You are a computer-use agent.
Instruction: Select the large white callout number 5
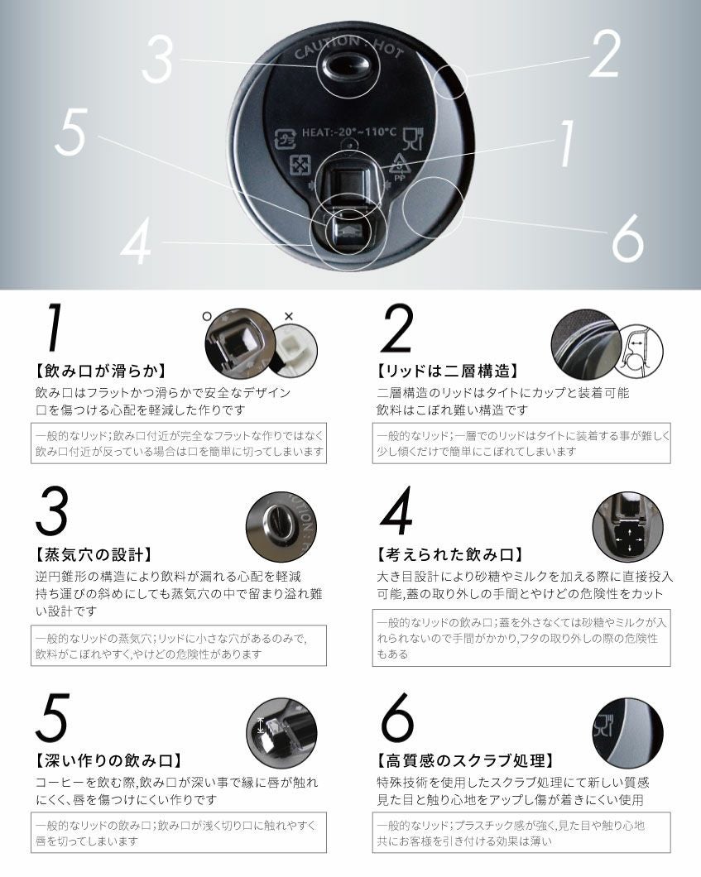[x=71, y=132]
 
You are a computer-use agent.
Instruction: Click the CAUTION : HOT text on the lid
[x=348, y=47]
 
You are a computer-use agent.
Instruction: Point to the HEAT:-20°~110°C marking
[x=349, y=132]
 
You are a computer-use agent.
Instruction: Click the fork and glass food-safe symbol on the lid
[x=414, y=139]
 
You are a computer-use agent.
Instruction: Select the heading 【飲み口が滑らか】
[x=100, y=371]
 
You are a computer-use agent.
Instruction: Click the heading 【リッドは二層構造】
[x=448, y=371]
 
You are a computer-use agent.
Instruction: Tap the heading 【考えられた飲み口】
[x=450, y=555]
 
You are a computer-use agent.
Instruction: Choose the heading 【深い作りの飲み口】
[x=108, y=760]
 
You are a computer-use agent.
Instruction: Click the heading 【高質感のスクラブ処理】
[x=465, y=760]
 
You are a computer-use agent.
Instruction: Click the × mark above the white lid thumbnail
[x=289, y=317]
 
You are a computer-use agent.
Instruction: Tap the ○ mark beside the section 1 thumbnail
[x=207, y=317]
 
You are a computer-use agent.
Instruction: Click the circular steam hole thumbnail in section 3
[x=281, y=526]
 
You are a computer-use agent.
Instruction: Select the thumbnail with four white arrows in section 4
[x=627, y=527]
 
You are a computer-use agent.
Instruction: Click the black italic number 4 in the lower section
[x=397, y=510]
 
